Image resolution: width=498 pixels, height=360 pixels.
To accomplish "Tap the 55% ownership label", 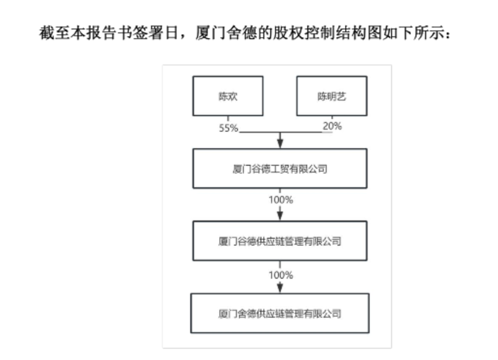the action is (229, 128).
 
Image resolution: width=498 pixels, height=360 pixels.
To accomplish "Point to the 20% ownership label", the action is (332, 126).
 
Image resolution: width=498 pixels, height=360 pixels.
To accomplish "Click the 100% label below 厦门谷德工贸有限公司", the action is (281, 200).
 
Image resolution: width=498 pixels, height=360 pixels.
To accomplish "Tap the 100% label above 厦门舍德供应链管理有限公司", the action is (281, 275).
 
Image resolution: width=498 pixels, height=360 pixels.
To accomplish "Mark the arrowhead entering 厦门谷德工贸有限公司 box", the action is (280, 144).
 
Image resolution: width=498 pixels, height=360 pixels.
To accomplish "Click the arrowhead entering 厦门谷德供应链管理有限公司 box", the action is (280, 216).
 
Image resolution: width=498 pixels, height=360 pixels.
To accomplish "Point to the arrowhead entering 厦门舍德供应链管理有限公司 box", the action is (280, 289).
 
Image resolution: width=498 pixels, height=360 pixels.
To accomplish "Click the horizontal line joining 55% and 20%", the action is (286, 132).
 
